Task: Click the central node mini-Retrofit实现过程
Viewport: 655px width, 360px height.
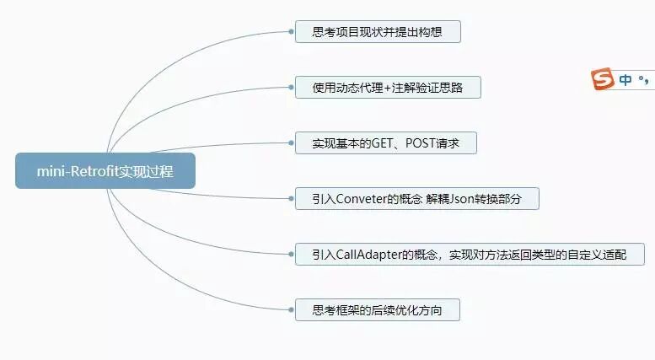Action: (x=105, y=171)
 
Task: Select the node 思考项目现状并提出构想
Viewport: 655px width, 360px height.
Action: (x=377, y=33)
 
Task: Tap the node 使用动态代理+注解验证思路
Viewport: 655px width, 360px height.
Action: (x=388, y=88)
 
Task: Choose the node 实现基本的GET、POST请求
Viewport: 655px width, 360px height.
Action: (x=385, y=143)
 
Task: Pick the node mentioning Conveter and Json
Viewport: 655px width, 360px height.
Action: (x=416, y=199)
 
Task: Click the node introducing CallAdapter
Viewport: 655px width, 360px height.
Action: (x=470, y=255)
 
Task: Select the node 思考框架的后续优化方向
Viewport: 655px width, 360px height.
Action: (x=377, y=310)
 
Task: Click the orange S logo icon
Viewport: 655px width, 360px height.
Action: (x=602, y=80)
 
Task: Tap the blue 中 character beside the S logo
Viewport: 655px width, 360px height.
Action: (x=625, y=80)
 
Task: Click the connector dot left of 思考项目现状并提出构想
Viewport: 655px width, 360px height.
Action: (x=291, y=33)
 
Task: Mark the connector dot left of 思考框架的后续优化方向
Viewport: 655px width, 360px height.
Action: (x=291, y=310)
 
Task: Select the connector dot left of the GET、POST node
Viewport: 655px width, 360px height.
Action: (x=291, y=143)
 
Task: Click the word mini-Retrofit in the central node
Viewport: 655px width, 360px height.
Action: (x=76, y=171)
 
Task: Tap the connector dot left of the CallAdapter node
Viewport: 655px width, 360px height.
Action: (x=291, y=255)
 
